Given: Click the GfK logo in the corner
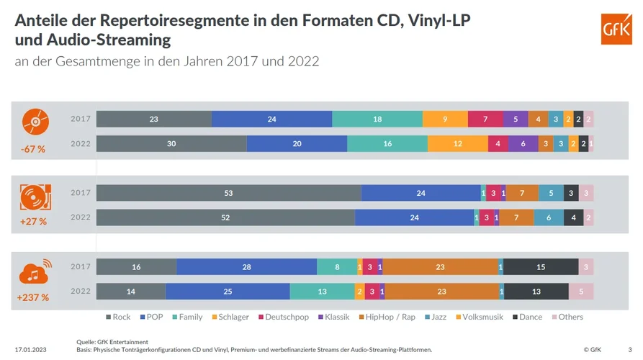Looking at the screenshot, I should point(616,30).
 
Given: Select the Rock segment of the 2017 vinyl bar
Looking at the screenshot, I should point(228,193).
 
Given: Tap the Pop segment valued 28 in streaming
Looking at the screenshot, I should point(246,267).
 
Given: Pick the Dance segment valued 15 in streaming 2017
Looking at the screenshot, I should point(541,267).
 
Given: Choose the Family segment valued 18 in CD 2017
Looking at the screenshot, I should point(377,119).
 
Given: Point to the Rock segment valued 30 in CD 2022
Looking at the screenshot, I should point(171,143).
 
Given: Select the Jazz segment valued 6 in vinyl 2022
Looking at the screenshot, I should point(549,217).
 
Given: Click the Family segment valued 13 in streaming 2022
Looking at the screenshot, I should point(322,292).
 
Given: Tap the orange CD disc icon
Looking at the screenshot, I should point(33,121).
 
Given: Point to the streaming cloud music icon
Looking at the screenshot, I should point(34,270).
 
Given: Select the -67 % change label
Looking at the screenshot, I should point(33,149).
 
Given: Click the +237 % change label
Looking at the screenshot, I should point(33,297).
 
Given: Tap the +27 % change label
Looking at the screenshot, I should point(33,222).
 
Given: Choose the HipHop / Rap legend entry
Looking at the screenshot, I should point(389,317).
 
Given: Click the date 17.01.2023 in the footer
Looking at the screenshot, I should point(30,350).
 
